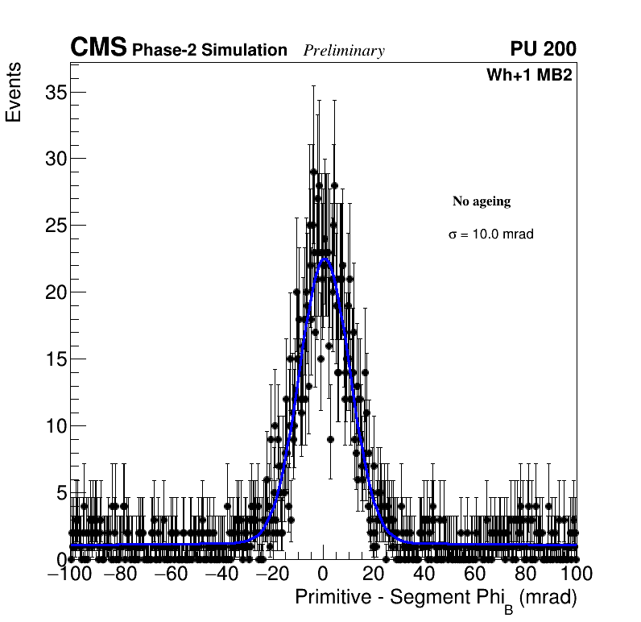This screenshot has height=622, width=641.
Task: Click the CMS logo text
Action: (98, 48)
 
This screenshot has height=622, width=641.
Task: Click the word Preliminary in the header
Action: (344, 51)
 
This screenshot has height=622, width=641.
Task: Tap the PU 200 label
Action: (543, 49)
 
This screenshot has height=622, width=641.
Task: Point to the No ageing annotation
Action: (482, 201)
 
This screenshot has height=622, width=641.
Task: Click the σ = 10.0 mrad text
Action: (491, 234)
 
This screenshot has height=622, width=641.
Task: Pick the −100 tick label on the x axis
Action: (69, 574)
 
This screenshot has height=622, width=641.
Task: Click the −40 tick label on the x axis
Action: (221, 574)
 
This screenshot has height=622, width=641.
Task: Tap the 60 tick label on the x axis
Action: (475, 574)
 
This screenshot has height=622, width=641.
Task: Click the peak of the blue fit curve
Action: (325, 259)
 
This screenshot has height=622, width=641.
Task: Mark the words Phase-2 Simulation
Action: (209, 51)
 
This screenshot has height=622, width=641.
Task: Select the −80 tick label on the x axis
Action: (120, 574)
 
